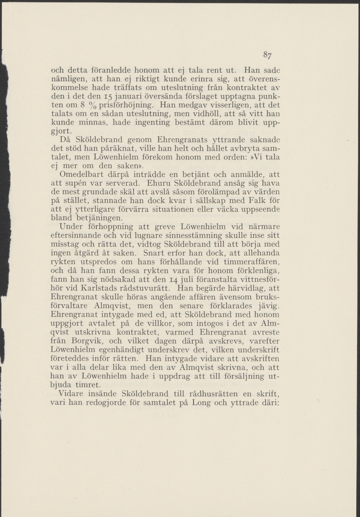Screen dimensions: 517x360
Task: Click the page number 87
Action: [x=267, y=55]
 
